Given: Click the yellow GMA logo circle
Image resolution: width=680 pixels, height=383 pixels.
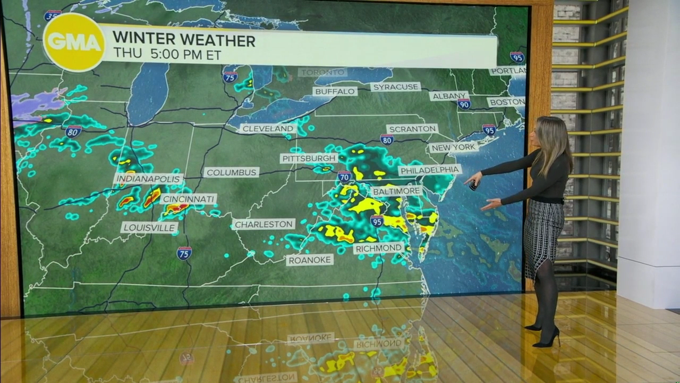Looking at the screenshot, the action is pyautogui.click(x=74, y=42).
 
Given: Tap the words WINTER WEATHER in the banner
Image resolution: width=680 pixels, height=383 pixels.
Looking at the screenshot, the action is pyautogui.click(x=184, y=40).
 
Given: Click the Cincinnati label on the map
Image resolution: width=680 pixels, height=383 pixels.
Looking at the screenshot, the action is pyautogui.click(x=189, y=199).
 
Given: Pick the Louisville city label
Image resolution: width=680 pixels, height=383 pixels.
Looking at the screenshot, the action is pyautogui.click(x=149, y=228).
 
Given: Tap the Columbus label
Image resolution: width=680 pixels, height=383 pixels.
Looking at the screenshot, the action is pyautogui.click(x=231, y=172).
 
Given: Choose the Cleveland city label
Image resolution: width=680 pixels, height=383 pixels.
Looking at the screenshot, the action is pyautogui.click(x=268, y=129).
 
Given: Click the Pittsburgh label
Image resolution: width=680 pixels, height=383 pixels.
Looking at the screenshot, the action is pyautogui.click(x=309, y=159).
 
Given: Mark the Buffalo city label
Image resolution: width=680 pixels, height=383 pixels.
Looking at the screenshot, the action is pyautogui.click(x=335, y=91).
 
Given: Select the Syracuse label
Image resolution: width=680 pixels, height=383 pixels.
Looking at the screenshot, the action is pyautogui.click(x=395, y=87).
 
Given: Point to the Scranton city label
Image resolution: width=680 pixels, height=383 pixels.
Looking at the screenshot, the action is pyautogui.click(x=412, y=129).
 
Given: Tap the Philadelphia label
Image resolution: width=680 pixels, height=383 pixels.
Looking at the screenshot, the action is pyautogui.click(x=430, y=170).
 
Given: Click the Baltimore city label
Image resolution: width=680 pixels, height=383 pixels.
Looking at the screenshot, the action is pyautogui.click(x=396, y=191).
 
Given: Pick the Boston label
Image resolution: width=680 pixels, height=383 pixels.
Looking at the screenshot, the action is pyautogui.click(x=506, y=102).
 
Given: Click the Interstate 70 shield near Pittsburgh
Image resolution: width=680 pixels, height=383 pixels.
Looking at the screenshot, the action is pyautogui.click(x=344, y=176).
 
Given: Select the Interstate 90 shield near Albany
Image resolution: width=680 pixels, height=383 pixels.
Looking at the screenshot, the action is pyautogui.click(x=464, y=104).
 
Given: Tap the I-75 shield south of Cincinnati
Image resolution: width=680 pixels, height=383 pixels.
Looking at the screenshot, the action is pyautogui.click(x=184, y=253).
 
